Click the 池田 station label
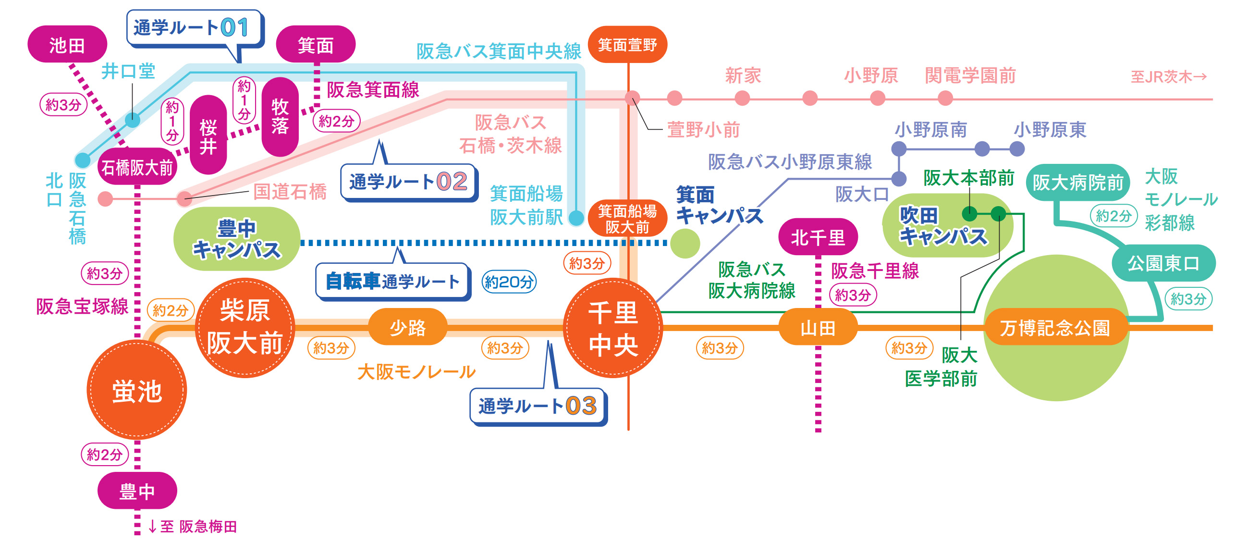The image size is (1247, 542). (67, 45)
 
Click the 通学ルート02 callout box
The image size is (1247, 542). (409, 182)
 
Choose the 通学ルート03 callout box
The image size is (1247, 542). (538, 406)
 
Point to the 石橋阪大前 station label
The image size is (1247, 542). (137, 167)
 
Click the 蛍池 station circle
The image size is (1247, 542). (137, 390)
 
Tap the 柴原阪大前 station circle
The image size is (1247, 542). (245, 327)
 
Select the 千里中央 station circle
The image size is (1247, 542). (613, 328)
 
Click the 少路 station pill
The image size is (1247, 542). (408, 327)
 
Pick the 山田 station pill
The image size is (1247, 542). (818, 327)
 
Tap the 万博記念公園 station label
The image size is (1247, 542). (1055, 327)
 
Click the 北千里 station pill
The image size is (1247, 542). (818, 237)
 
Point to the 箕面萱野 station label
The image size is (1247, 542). (628, 45)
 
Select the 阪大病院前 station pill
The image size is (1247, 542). (1078, 183)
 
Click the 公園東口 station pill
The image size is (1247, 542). (1163, 263)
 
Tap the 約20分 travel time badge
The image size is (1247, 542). (509, 282)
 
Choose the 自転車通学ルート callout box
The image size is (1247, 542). (392, 281)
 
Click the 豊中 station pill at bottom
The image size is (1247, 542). (137, 491)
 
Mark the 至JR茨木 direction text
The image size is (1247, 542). (1169, 76)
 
